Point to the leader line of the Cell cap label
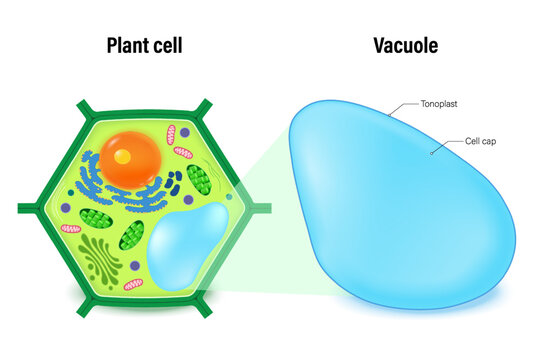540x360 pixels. point(447,148)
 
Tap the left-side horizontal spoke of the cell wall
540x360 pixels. point(29,209)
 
